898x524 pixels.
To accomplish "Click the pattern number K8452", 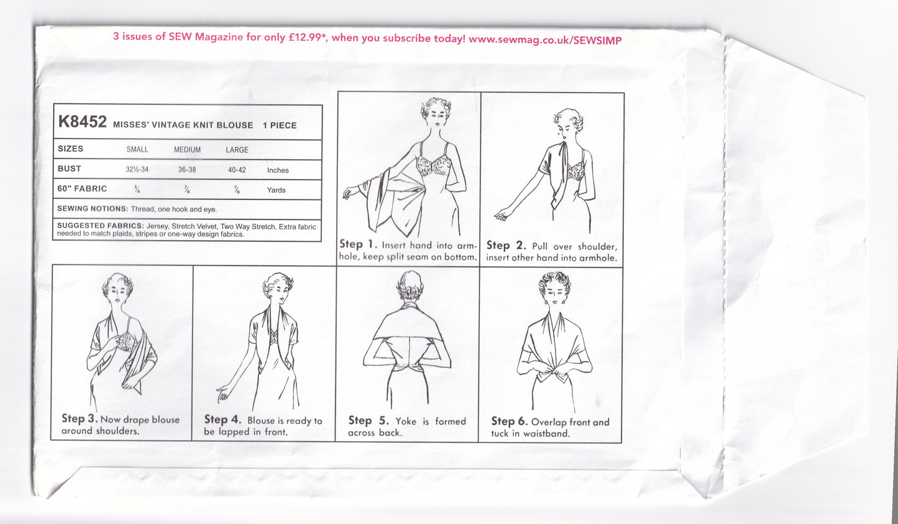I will pos(82,122).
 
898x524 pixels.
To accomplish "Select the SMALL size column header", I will pos(137,150).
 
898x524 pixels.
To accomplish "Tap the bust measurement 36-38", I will pos(187,170).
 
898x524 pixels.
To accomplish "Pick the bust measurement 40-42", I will pos(237,170).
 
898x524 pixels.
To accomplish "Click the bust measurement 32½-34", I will pos(137,170).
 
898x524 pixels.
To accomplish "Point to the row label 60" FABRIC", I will pos(82,189).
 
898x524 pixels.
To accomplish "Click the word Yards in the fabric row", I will pos(276,190).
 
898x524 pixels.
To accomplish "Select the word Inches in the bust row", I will pos(278,170).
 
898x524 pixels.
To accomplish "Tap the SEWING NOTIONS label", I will pos(92,209).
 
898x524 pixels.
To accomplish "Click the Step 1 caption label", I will pos(358,244).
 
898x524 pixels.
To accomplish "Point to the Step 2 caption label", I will pos(506,246).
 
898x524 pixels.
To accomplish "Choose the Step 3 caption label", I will pos(80,419).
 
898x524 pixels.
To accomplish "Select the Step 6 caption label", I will pos(509,422).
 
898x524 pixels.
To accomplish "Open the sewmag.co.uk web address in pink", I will pos(544,39).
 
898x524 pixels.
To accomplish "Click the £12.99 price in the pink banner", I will pos(308,38).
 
